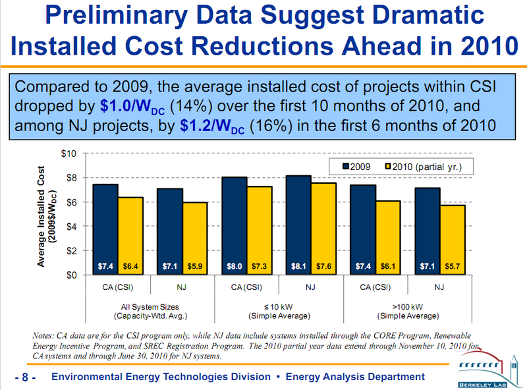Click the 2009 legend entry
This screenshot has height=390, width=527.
pos(356,167)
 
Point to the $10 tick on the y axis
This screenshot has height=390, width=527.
pos(68,153)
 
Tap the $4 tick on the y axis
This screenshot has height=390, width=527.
pos(70,226)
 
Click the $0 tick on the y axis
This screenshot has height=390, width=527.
pos(70,275)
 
